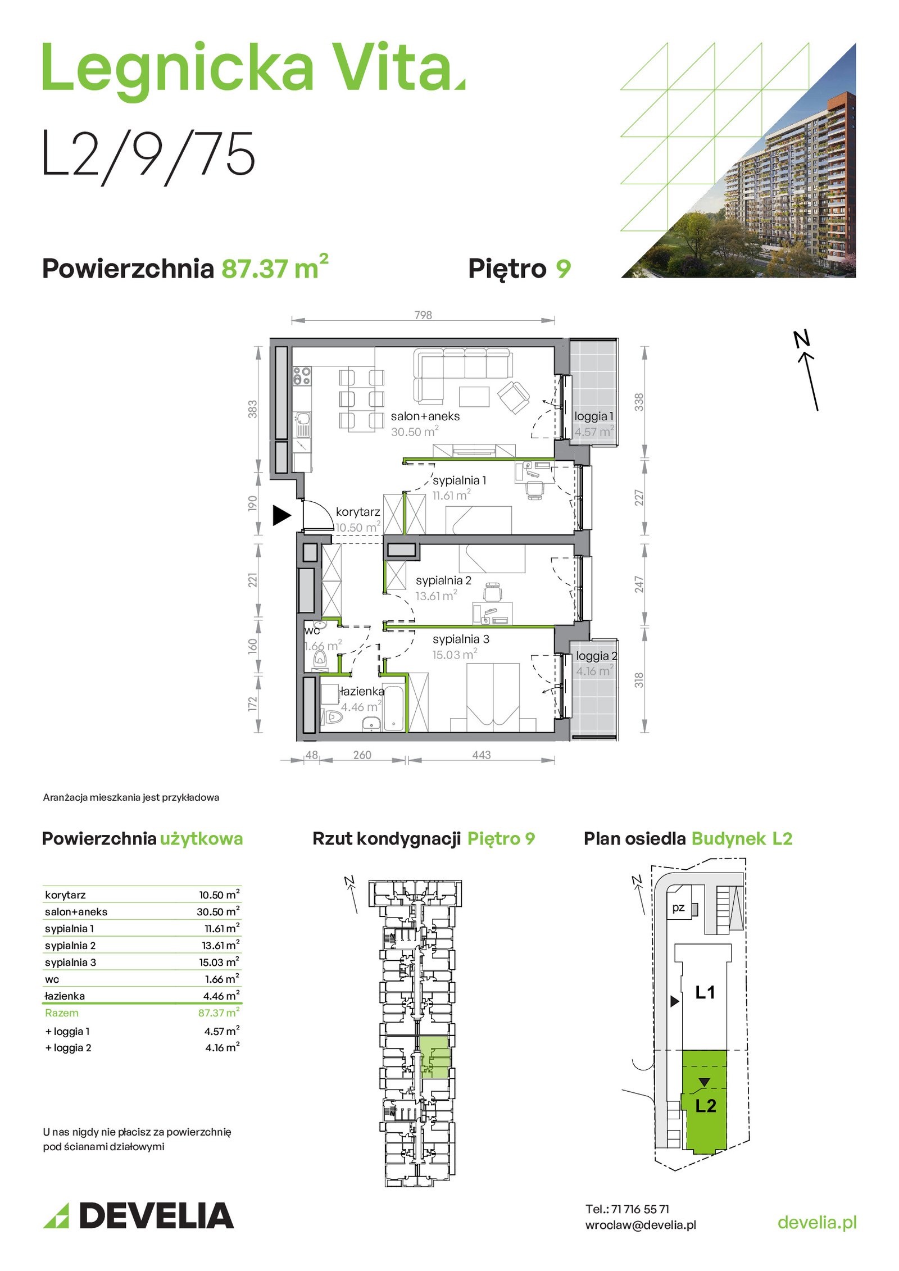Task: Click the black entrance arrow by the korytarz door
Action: click(281, 515)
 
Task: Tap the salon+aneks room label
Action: click(425, 416)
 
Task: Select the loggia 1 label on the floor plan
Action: click(593, 416)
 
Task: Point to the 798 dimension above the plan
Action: click(423, 315)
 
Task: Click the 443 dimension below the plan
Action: click(482, 755)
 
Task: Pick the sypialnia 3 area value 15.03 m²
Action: click(455, 654)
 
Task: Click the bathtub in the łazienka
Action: click(394, 708)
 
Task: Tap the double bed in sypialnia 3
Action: click(493, 697)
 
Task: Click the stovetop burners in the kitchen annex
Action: click(302, 376)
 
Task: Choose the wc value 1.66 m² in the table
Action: click(222, 979)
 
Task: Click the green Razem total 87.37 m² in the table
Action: click(219, 1013)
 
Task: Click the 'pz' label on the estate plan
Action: click(678, 907)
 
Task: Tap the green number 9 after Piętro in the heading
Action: click(563, 269)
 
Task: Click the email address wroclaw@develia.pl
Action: click(641, 1225)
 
